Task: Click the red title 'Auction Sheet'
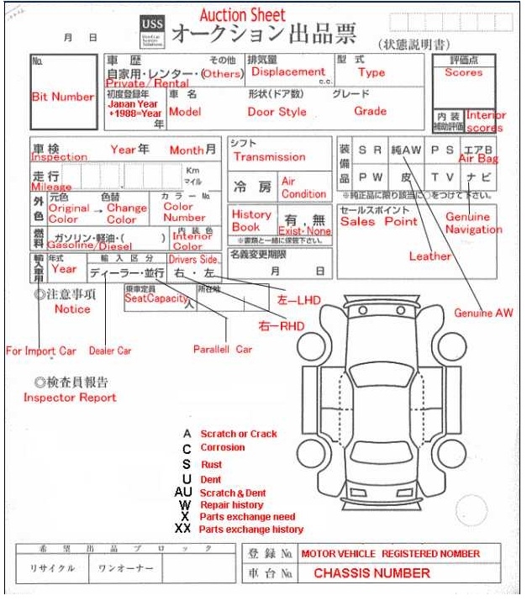tap(242, 15)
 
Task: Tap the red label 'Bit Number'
tap(62, 98)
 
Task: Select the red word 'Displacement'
tap(287, 72)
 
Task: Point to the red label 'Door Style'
tap(277, 112)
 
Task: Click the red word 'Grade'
tap(370, 111)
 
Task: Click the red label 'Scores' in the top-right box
tap(464, 73)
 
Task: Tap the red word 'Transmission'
tap(269, 157)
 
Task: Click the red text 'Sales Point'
tap(378, 222)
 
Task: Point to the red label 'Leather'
tap(430, 256)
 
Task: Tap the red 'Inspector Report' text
tap(69, 397)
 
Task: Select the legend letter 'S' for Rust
tap(186, 464)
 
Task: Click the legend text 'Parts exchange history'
tap(251, 530)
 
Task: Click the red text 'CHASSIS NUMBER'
tap(372, 573)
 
